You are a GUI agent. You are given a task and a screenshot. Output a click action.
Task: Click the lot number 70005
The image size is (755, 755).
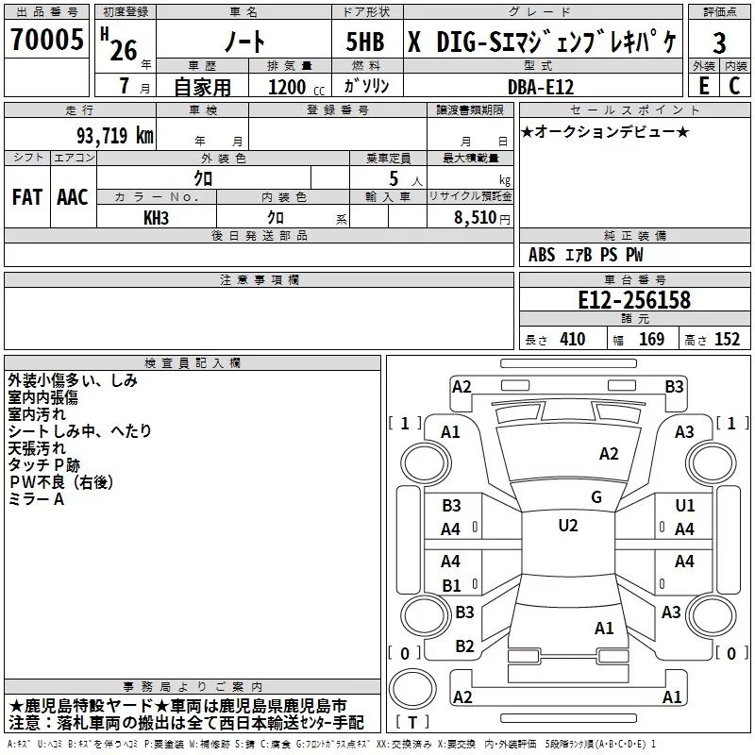click(x=47, y=39)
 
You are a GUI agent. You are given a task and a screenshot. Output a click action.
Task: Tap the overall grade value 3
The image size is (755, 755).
click(x=719, y=42)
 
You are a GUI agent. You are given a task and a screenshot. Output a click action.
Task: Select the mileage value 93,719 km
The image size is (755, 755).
click(x=114, y=136)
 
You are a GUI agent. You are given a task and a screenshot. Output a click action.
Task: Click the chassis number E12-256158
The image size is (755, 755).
click(x=634, y=299)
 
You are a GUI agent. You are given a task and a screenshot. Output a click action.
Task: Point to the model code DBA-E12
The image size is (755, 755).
click(x=541, y=87)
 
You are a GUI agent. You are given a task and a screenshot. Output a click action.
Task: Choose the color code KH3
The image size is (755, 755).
click(x=156, y=218)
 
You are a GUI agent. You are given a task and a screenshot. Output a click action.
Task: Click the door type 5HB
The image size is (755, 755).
click(x=365, y=42)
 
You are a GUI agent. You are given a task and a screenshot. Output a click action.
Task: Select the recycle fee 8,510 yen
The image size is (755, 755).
click(x=482, y=218)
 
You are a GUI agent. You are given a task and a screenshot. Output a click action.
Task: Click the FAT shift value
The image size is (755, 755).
click(x=27, y=197)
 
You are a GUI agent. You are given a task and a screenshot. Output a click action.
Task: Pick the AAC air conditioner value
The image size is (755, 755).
click(x=73, y=197)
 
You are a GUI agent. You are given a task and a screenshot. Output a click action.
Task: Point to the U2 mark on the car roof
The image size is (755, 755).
click(x=568, y=526)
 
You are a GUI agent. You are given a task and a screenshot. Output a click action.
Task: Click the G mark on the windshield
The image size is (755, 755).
click(x=596, y=497)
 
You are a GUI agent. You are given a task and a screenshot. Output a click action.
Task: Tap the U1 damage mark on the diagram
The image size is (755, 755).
click(x=685, y=506)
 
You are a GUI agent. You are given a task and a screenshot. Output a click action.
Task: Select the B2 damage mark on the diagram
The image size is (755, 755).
click(x=464, y=646)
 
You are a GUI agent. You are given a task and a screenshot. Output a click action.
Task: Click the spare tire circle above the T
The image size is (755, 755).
click(x=412, y=689)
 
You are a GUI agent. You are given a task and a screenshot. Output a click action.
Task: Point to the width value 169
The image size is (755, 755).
click(x=651, y=339)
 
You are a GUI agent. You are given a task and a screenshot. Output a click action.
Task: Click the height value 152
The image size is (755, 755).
click(x=727, y=339)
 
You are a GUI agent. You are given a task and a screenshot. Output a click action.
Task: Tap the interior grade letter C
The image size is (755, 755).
click(x=734, y=86)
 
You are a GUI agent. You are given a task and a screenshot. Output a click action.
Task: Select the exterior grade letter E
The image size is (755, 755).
click(x=704, y=86)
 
